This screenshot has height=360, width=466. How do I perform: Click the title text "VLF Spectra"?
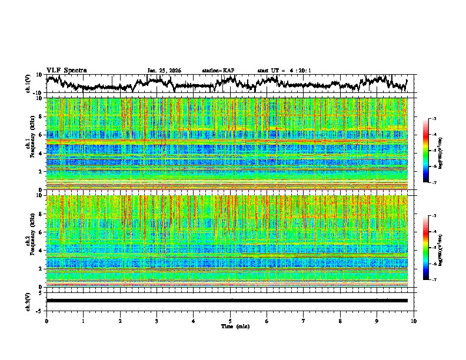tap(66, 71)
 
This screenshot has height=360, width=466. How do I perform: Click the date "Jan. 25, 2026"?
tap(164, 71)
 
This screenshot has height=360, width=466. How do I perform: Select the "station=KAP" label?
tap(218, 71)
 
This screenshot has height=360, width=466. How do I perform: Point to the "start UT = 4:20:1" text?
tap(284, 71)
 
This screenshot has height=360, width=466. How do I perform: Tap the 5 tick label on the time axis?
tap(230, 321)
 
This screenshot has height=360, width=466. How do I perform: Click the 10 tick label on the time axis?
tap(414, 321)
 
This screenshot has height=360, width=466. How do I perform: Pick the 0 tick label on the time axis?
tap(46, 321)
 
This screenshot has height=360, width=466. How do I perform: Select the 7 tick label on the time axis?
tap(304, 321)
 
